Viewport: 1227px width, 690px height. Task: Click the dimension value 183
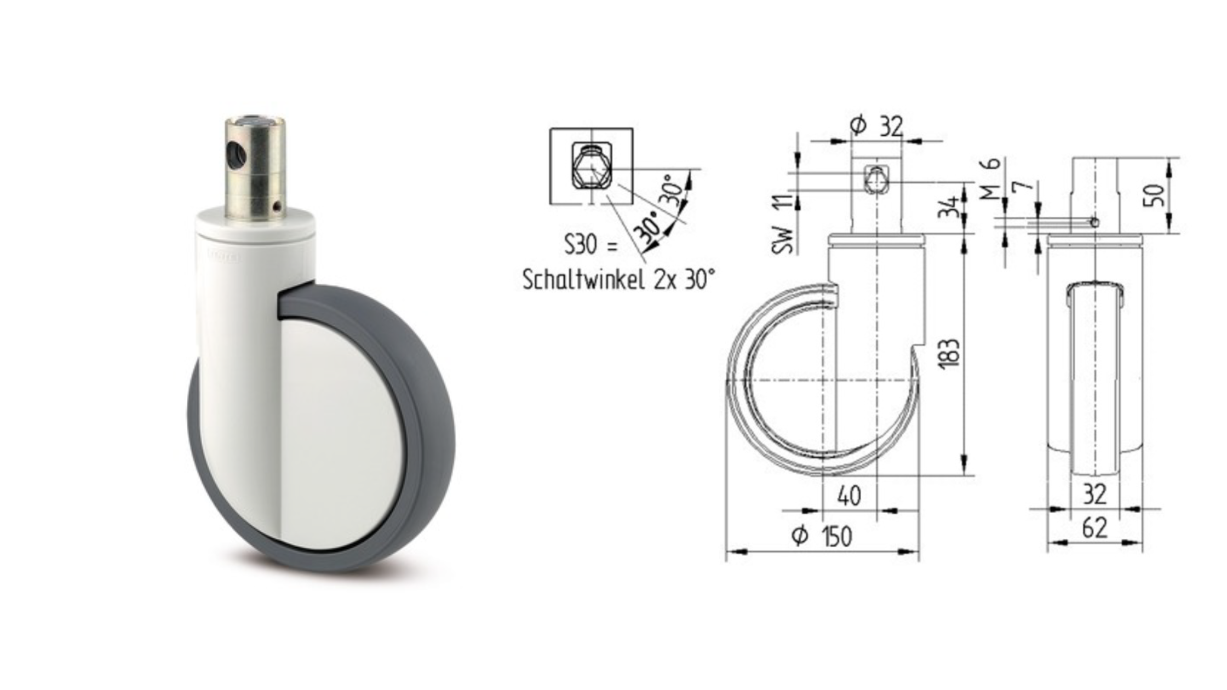point(950,353)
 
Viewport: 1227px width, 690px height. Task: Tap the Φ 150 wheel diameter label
point(822,536)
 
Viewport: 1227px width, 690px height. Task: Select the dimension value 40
point(849,496)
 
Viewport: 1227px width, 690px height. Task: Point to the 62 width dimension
point(1095,528)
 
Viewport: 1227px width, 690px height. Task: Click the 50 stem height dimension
point(1154,196)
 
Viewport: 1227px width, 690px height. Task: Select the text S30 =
point(590,245)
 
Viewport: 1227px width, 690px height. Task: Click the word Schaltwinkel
point(583,280)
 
